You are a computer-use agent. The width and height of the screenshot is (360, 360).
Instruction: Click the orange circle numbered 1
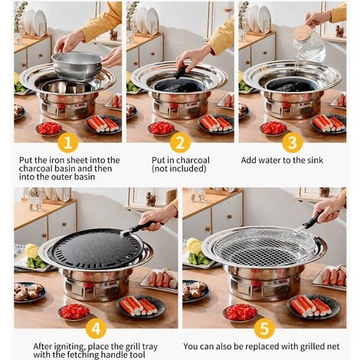[68, 142]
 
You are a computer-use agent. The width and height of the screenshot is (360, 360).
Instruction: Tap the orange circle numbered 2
[180, 142]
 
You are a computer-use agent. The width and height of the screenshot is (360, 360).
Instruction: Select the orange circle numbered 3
[292, 142]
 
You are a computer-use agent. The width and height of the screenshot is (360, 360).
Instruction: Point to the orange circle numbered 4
[95, 328]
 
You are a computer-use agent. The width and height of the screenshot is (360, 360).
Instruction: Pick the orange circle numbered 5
[263, 328]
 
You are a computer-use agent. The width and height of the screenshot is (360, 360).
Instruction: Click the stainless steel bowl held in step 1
[77, 64]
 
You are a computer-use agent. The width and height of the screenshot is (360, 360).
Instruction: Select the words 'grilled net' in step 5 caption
[312, 345]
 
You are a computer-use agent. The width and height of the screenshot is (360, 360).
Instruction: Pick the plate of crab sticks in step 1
[103, 123]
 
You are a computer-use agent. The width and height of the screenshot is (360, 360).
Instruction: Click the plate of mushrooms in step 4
[29, 291]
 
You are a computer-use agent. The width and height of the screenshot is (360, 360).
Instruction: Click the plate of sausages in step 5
[335, 276]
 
